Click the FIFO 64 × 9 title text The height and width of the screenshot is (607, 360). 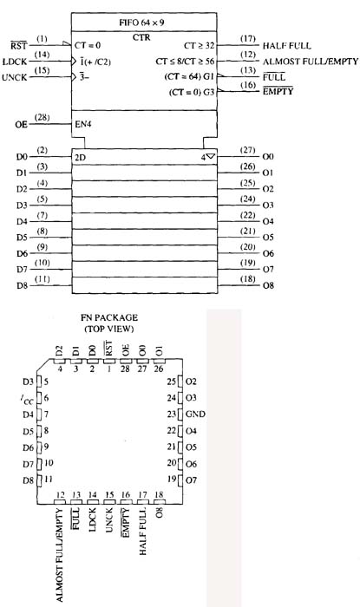tap(141, 22)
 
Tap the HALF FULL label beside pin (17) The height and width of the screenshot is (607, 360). tap(286, 46)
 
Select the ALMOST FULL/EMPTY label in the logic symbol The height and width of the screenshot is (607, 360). tap(311, 62)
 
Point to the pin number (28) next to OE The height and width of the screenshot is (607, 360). tap(42, 117)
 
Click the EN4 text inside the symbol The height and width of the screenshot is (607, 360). tap(83, 125)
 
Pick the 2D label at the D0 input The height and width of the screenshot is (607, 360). tap(80, 157)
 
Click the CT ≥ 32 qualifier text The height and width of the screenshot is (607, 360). tap(199, 45)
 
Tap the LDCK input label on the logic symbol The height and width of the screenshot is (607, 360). tap(15, 62)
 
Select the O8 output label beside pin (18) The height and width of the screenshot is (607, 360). tap(268, 285)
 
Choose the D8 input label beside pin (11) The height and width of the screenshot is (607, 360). tap(22, 285)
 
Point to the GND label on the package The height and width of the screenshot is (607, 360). tap(195, 414)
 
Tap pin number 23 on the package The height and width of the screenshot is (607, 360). tap(172, 414)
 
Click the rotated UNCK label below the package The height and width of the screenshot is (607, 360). tap(109, 520)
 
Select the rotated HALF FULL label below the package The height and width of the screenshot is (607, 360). tap(143, 532)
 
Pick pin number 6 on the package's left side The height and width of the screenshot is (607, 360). tap(47, 398)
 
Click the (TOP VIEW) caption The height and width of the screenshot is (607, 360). tap(109, 329)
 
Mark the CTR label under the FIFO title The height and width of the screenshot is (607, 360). tap(141, 37)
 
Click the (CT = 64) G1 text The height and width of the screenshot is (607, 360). tap(189, 76)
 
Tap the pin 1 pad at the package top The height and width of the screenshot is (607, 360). tap(109, 361)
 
